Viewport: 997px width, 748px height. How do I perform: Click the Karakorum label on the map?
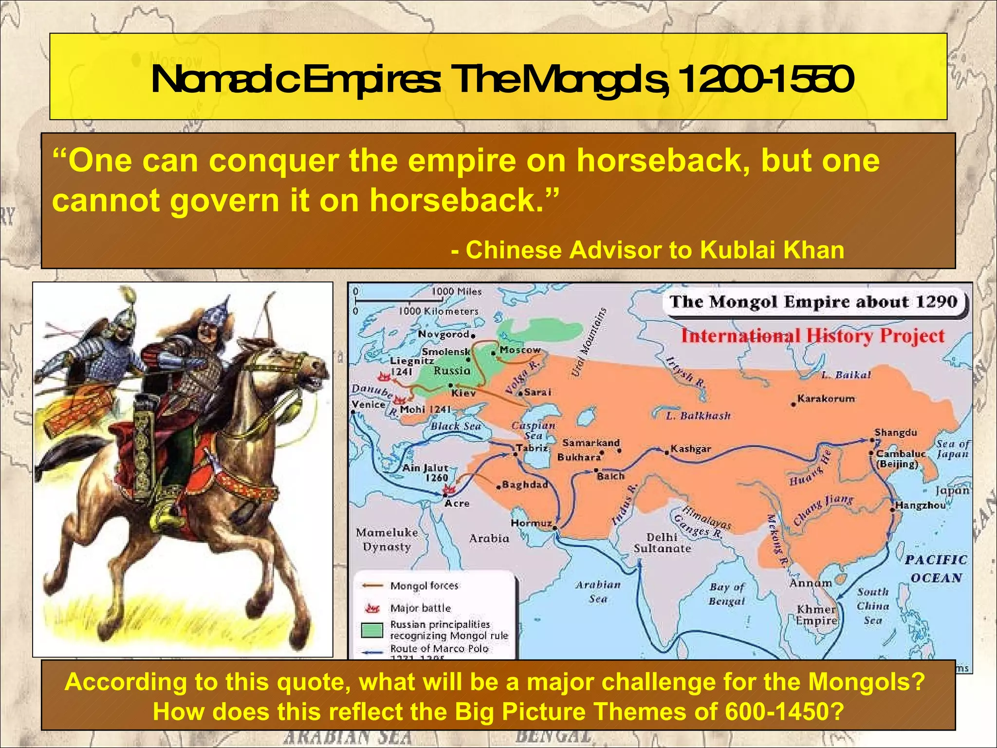826,398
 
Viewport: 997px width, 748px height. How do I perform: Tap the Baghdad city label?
525,485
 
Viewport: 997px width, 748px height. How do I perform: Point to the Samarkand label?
591,443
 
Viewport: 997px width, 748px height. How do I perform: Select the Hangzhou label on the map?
920,505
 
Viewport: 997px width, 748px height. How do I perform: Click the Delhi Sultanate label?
662,542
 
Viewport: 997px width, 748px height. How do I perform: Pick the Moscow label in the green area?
520,350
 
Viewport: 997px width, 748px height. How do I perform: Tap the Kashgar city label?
690,449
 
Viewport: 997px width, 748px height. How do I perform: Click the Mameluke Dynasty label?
387,540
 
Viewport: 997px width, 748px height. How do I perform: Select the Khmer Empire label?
816,615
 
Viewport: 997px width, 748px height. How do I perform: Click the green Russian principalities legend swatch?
372,630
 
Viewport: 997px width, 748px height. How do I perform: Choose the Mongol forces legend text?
424,586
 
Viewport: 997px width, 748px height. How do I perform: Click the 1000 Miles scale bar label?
456,291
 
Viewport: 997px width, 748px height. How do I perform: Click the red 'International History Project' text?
812,336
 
